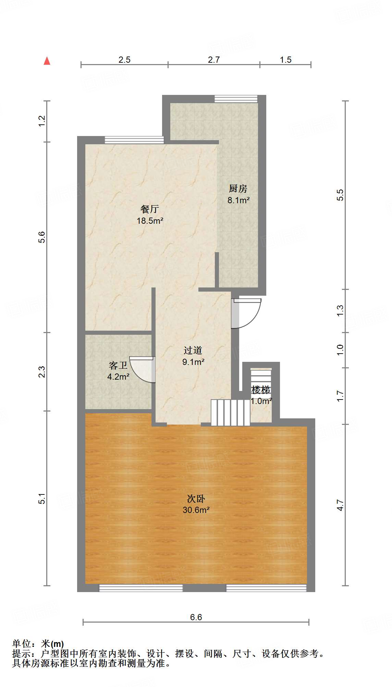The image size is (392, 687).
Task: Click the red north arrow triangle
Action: pos(47,61)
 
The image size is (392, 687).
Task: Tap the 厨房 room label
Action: pos(238,188)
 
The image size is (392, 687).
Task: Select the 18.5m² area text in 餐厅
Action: pos(150,221)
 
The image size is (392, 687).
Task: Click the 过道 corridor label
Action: pos(193,350)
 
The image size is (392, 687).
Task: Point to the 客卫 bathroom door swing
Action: pos(143,369)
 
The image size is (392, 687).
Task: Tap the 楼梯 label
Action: pos(261,390)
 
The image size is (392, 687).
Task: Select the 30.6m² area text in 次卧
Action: pos(196,510)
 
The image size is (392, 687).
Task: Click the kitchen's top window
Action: pos(236,99)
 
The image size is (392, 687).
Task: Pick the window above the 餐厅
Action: pos(134,140)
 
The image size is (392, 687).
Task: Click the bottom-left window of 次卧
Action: pos(141,588)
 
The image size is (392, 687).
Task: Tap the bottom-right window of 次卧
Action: pos(266,588)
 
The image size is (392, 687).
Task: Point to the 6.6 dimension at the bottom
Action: pos(196,617)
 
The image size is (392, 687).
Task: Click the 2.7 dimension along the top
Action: pos(214,60)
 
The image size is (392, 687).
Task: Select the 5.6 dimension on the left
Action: pos(41,237)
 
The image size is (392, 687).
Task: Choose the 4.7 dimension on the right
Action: pos(340,505)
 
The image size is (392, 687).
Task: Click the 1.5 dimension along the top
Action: pos(285,60)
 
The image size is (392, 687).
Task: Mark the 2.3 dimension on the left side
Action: pos(41,372)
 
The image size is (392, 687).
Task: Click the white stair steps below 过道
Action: pos(230,413)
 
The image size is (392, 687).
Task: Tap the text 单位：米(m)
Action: pos(38,644)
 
